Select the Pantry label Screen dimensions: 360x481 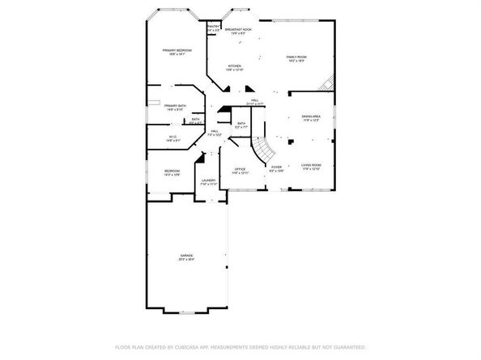pyautogui.click(x=213, y=28)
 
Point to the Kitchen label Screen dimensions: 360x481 pyautogui.click(x=234, y=66)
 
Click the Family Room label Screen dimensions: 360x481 pyautogui.click(x=296, y=57)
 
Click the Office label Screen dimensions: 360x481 pyautogui.click(x=240, y=170)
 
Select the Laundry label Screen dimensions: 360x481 pyautogui.click(x=208, y=180)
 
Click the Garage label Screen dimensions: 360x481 pyautogui.click(x=186, y=256)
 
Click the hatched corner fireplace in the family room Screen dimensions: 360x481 pyautogui.click(x=327, y=83)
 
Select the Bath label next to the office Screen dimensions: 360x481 pyautogui.click(x=241, y=124)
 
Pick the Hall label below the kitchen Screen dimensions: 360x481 pyautogui.click(x=254, y=101)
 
